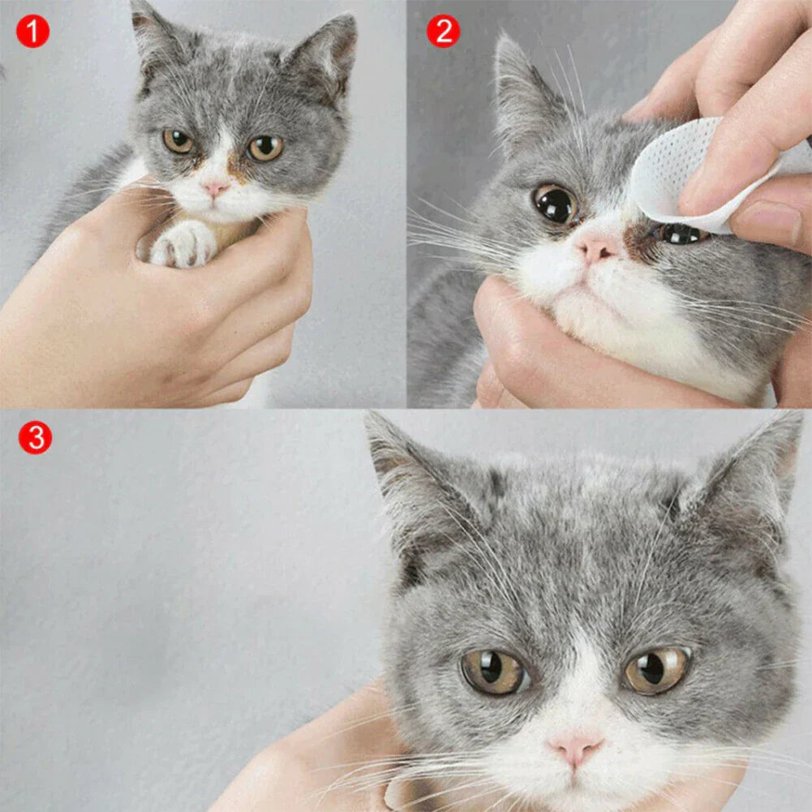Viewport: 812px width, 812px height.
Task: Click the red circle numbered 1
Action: click(x=33, y=32)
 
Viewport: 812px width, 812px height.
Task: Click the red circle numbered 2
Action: click(x=443, y=32)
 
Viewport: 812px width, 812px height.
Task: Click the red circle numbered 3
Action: click(x=35, y=438)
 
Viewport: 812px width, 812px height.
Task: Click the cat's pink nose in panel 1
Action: click(x=215, y=188)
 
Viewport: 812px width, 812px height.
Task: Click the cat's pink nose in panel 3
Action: click(x=575, y=748)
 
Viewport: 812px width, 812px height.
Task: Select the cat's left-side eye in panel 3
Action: click(x=494, y=671)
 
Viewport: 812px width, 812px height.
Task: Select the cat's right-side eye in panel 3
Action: click(x=656, y=669)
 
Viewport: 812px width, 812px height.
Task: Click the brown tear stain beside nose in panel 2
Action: click(x=640, y=242)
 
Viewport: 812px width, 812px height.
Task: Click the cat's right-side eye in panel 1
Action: click(x=264, y=148)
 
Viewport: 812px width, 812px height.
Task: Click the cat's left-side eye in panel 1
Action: click(x=178, y=141)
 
